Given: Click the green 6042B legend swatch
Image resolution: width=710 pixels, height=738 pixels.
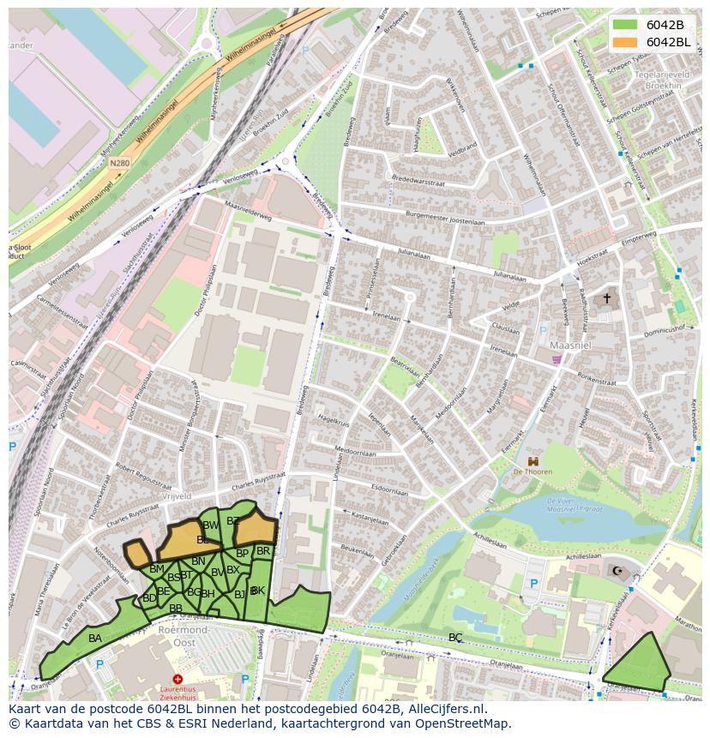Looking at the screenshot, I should pos(626,24).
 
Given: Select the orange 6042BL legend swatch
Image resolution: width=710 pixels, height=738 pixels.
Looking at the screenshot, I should pos(626,42).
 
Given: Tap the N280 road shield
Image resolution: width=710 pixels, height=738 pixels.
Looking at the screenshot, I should pos(119,163).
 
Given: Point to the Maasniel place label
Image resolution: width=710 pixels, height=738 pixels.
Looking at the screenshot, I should pos(568,346).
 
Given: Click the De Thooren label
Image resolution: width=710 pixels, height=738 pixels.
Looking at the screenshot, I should pos(532,471).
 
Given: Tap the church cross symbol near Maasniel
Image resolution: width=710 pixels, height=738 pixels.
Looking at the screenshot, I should pos(607,298).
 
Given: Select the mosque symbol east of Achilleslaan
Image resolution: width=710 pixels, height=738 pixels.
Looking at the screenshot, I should pos(617,570).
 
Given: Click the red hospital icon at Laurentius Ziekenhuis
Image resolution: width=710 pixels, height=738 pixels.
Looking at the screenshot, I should pos(177,680).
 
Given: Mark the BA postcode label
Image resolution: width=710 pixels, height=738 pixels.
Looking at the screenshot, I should pos(95,639).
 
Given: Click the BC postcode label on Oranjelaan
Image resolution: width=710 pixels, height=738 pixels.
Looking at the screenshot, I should pos(455,637).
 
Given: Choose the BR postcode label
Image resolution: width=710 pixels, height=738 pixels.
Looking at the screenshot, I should pos(263,551).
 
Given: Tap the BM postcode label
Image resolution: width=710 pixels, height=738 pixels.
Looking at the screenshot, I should pos(156,568).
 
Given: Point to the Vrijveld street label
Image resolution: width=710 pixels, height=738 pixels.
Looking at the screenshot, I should pos(176,496).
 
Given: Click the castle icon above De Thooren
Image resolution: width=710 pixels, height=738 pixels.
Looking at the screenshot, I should pos(532,460).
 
